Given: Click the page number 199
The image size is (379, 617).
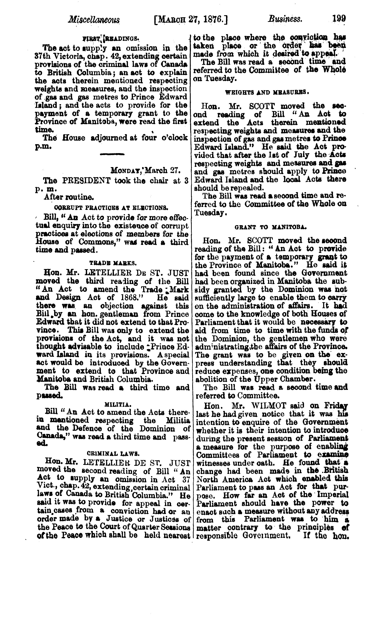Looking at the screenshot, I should (x=339, y=19).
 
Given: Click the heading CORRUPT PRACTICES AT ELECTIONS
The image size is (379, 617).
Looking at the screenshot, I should (x=111, y=208).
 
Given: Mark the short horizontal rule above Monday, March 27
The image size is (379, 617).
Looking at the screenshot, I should (x=112, y=154).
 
